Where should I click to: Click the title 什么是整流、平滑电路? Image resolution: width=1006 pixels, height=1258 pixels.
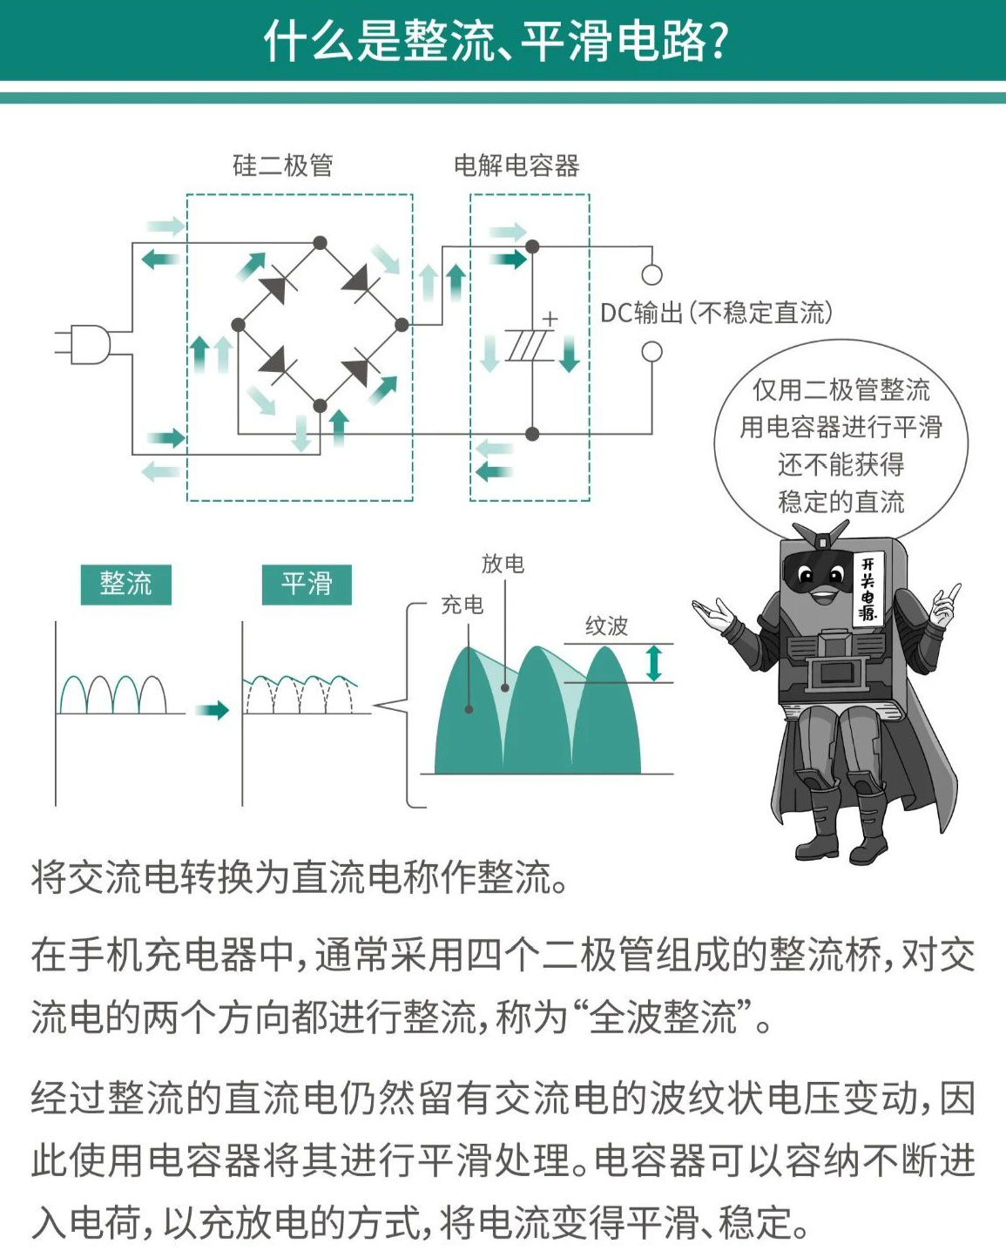point(496,40)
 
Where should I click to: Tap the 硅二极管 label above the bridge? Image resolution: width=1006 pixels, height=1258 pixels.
point(282,166)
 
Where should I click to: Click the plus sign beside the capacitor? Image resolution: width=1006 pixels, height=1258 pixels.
point(550,320)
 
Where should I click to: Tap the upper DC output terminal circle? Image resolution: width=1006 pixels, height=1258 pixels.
point(652,275)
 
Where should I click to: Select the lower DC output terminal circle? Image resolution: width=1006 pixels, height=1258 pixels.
point(652,352)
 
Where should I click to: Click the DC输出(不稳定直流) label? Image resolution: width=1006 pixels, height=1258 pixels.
point(716,313)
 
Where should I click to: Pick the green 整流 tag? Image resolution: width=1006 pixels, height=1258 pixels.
point(125,584)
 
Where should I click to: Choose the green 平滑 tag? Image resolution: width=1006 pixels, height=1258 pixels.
point(307,584)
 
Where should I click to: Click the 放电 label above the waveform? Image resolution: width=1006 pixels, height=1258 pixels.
point(503,564)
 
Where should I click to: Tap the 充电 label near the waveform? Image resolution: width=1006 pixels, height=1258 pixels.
point(462,605)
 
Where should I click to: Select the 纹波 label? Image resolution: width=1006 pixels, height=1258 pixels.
point(606,626)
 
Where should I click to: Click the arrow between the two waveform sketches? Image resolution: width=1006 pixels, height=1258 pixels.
point(212,710)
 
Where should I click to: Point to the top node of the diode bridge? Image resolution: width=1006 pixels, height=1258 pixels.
point(321,242)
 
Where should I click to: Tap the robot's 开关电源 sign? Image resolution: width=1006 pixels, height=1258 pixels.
point(868,588)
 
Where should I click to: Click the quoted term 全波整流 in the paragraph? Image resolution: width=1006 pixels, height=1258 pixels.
point(662,1018)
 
